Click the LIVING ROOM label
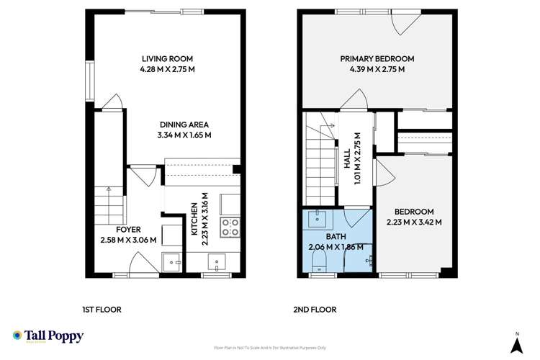[168, 58]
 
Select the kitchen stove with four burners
[231, 227]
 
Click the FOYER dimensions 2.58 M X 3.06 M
[129, 240]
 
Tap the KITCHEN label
[194, 220]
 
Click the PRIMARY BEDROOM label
[377, 58]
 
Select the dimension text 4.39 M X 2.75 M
[377, 70]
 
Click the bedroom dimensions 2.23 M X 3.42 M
[414, 222]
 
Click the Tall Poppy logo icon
[17, 336]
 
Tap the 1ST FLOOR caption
[101, 310]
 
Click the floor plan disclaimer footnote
[269, 347]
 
